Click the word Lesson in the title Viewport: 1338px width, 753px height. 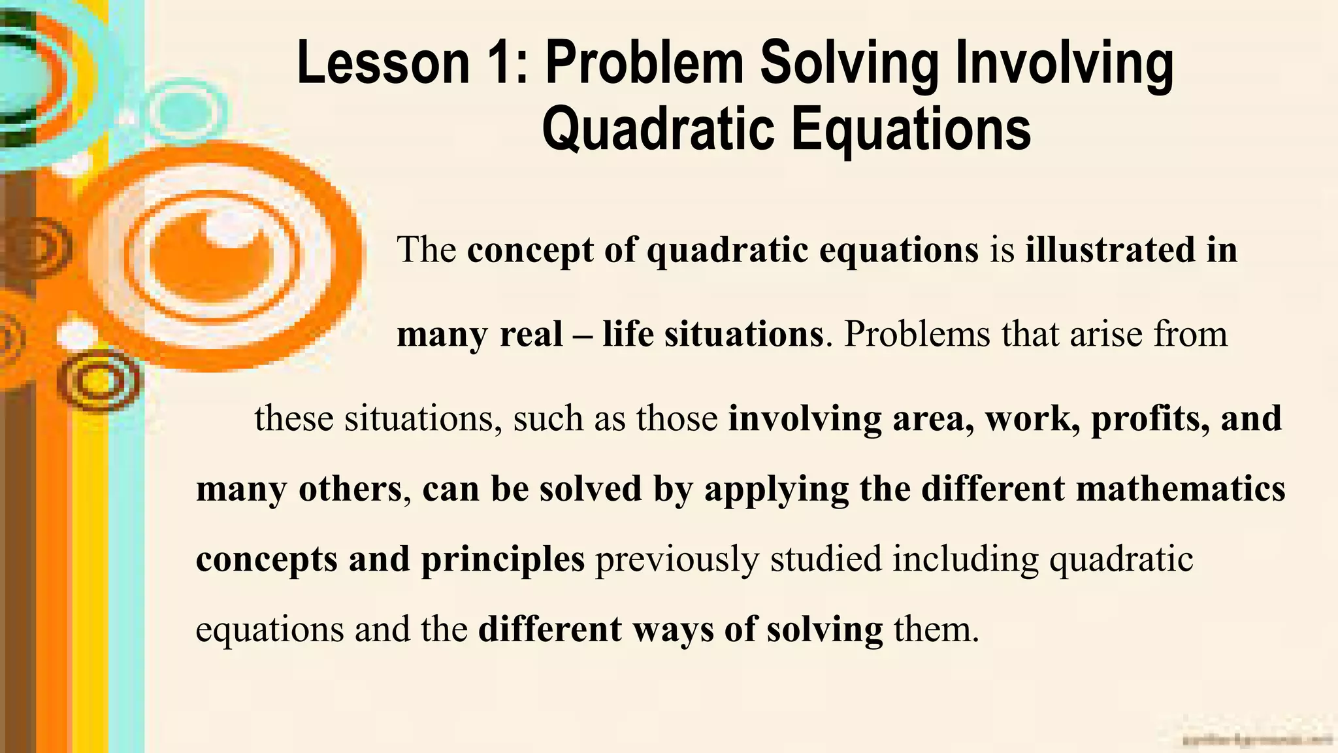point(382,63)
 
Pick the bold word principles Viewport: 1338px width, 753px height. point(502,560)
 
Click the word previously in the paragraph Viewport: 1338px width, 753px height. point(677,560)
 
